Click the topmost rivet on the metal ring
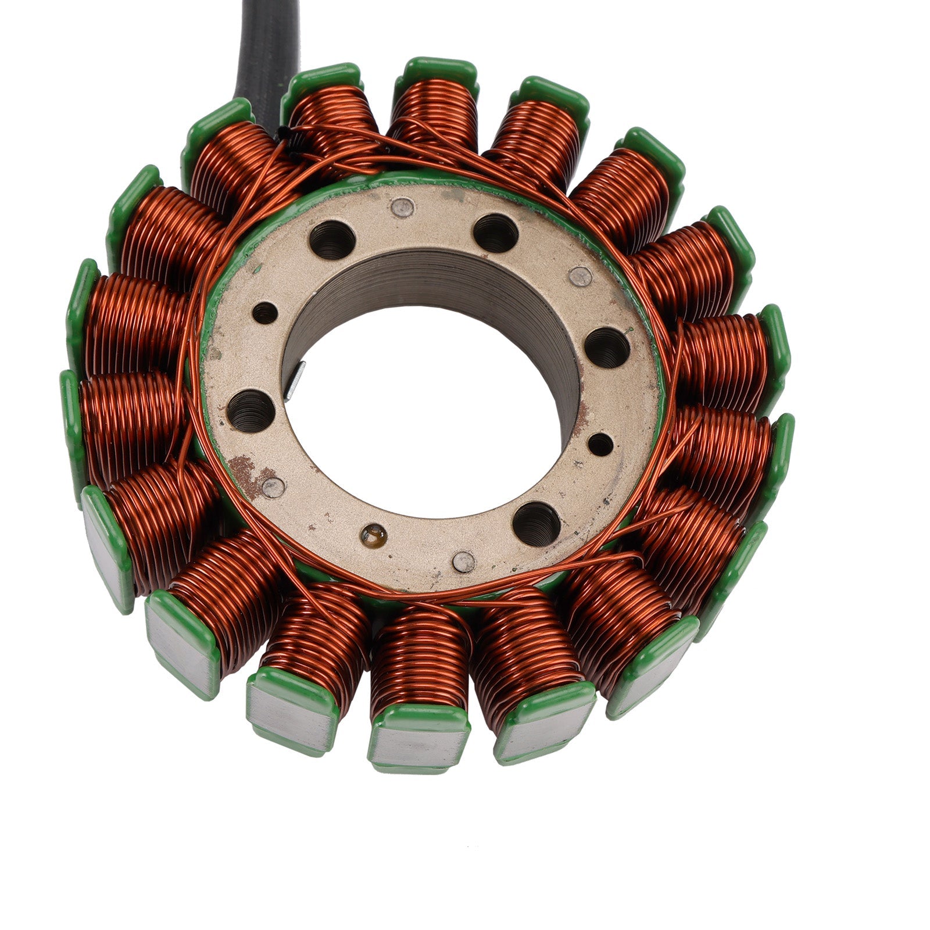point(402,206)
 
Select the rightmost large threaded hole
point(607,347)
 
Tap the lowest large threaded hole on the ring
point(536,519)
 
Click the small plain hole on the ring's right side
point(600,445)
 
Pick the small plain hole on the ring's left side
point(265,313)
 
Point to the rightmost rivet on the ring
point(580,277)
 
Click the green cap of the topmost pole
point(440,73)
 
